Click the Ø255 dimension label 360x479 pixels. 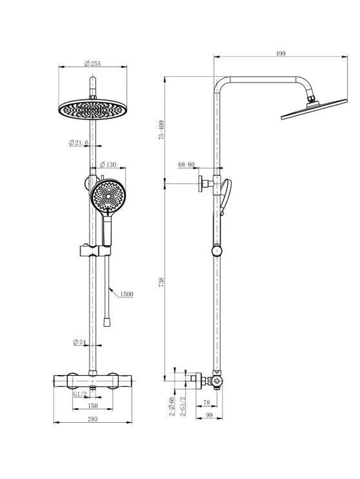[92, 63]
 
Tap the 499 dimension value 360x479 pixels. [281, 54]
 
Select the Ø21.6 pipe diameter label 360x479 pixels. [79, 143]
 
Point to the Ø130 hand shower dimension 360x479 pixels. [108, 165]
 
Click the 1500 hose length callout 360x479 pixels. [126, 294]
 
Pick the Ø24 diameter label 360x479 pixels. [79, 342]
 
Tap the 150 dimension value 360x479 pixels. [92, 405]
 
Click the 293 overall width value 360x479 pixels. [92, 419]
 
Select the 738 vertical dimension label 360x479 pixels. [161, 281]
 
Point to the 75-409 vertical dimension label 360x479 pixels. [161, 130]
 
